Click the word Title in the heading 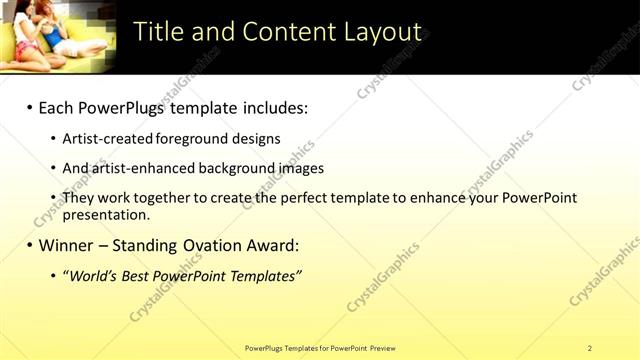coord(157,32)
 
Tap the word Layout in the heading coord(377,32)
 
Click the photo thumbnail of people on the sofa coord(58,37)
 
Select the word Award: coord(269,245)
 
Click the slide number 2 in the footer coord(589,348)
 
